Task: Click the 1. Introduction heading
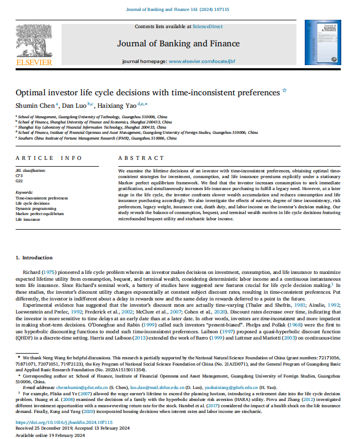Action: [x=34, y=257]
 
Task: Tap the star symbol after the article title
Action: [x=284, y=91]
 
